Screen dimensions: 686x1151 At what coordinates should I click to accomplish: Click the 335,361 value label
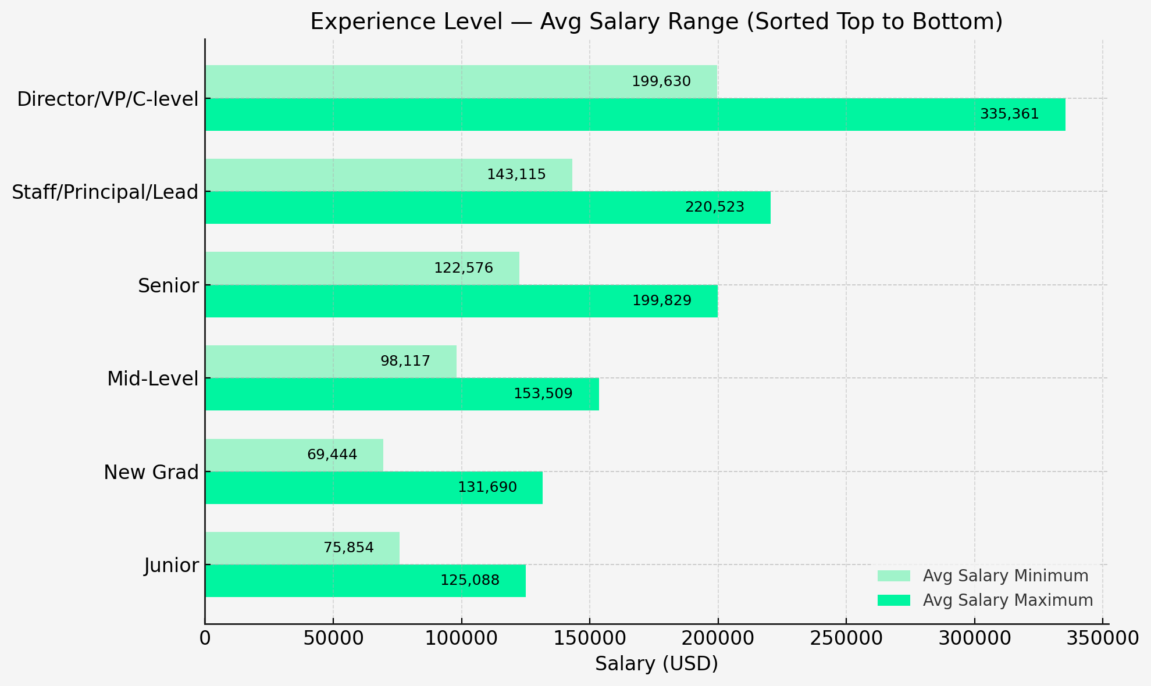1009,115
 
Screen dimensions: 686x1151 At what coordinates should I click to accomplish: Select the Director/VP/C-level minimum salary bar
461,81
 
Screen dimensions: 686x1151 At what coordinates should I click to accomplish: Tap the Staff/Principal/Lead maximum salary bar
487,208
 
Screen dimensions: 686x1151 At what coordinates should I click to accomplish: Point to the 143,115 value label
516,174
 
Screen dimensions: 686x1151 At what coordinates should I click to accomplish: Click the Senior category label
168,285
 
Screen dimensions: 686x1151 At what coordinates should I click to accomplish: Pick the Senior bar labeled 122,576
362,268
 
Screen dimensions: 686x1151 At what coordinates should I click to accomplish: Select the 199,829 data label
662,301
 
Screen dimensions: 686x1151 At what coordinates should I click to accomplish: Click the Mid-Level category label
152,379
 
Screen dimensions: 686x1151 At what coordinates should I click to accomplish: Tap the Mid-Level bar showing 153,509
401,394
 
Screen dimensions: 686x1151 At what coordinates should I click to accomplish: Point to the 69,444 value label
332,455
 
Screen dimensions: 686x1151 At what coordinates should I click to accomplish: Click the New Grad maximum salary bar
373,488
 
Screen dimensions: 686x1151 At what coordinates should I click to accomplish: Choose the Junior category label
172,566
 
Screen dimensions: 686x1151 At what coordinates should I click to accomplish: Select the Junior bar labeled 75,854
302,548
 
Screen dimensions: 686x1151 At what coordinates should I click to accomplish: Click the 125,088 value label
469,581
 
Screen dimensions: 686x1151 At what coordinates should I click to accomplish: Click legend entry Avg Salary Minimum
1005,576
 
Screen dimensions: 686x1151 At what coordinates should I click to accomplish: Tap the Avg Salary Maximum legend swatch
893,601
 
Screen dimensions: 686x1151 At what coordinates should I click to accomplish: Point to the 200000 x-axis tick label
717,638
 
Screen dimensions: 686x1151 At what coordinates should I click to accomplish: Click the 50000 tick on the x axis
333,638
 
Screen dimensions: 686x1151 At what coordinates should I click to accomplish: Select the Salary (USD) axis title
656,664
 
